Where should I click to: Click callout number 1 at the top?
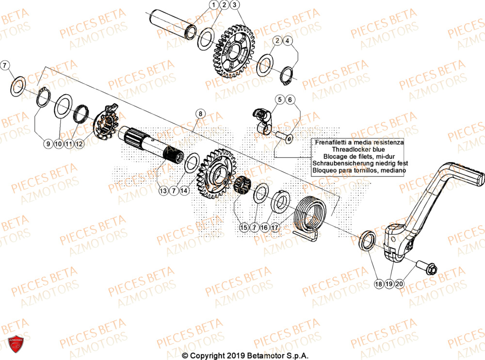click(x=213, y=5)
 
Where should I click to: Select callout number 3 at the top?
click(x=235, y=5)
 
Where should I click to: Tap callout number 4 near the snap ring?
click(x=288, y=41)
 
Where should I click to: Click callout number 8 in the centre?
click(x=199, y=114)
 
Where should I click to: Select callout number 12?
click(x=79, y=144)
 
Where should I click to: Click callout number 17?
click(x=275, y=227)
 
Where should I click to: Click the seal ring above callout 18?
click(x=367, y=241)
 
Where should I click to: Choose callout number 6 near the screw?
click(x=290, y=100)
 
